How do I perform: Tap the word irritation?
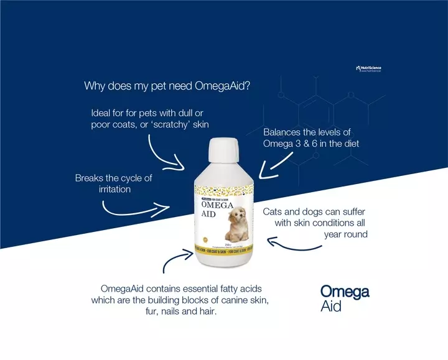[114, 189]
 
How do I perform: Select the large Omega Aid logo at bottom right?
[344, 298]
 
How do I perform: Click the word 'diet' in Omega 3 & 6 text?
[349, 144]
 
